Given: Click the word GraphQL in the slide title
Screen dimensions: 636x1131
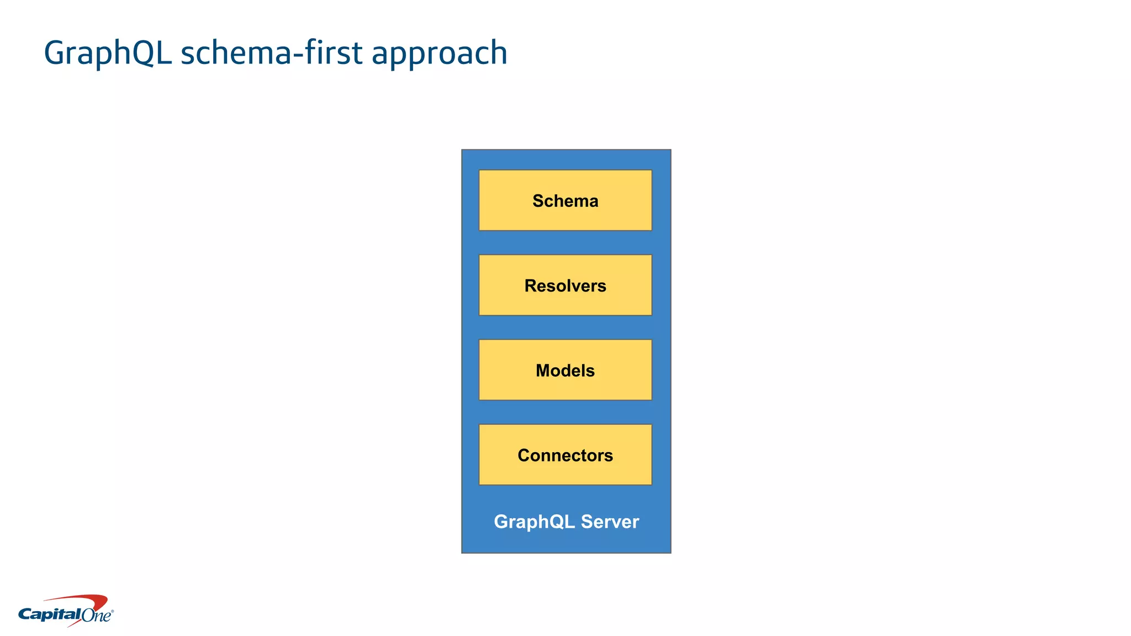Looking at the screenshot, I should tap(107, 54).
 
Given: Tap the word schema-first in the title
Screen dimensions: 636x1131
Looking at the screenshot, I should tap(272, 52).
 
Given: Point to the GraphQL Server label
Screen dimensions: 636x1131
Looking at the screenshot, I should tap(566, 521).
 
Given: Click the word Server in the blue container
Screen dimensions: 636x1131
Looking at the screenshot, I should tap(610, 521).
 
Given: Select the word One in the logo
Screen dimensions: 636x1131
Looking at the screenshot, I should tap(97, 615).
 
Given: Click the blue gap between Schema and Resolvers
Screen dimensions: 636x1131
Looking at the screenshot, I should tap(565, 242).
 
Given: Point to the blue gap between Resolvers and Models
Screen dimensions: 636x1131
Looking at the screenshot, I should tap(565, 327).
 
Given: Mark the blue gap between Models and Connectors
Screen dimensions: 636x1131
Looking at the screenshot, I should tap(565, 412).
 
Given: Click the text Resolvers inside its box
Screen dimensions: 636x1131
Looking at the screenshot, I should tap(565, 285).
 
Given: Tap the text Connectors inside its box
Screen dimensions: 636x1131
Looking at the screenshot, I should tap(565, 455).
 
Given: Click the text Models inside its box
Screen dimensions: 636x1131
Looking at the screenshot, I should tap(565, 370).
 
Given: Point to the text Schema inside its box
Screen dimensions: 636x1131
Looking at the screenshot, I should tap(565, 200).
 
